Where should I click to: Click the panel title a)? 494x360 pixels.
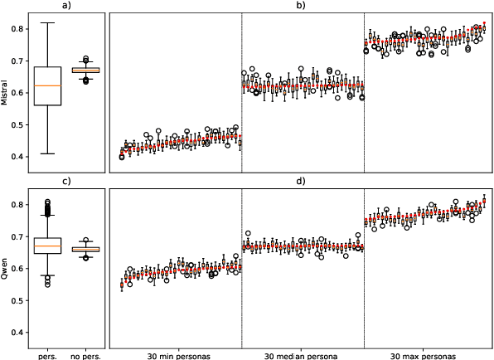pos(65,6)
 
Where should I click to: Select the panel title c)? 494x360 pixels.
pos(65,181)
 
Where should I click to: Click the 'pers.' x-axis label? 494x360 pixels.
pos(48,355)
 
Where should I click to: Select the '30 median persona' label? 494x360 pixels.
pos(303,355)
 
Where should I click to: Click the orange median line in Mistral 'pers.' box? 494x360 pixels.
pos(48,85)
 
